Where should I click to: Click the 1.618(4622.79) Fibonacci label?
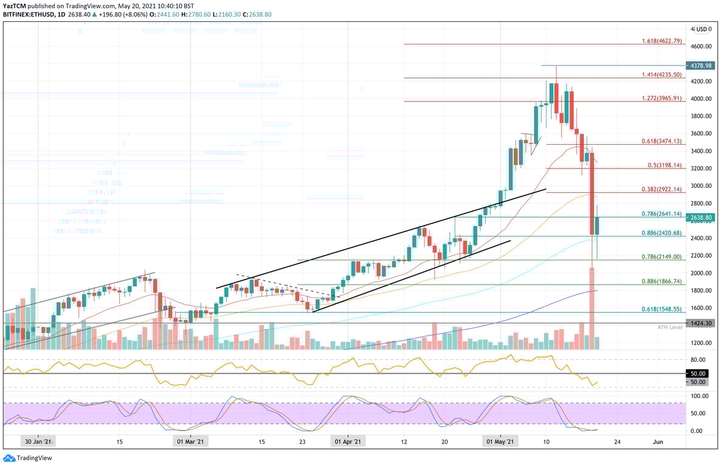[x=662, y=41]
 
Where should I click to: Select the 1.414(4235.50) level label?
[x=662, y=74]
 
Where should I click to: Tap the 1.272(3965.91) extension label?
[x=662, y=98]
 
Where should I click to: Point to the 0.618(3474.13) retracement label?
[x=662, y=141]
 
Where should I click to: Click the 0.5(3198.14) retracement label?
[x=665, y=165]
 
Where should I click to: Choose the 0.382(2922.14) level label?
[x=662, y=189]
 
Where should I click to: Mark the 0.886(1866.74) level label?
[x=662, y=282]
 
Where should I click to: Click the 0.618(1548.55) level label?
[x=662, y=309]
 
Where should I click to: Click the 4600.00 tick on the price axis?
[x=700, y=46]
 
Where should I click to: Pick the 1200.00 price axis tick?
[x=700, y=343]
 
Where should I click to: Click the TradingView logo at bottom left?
[x=28, y=458]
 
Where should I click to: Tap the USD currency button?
[x=703, y=29]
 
